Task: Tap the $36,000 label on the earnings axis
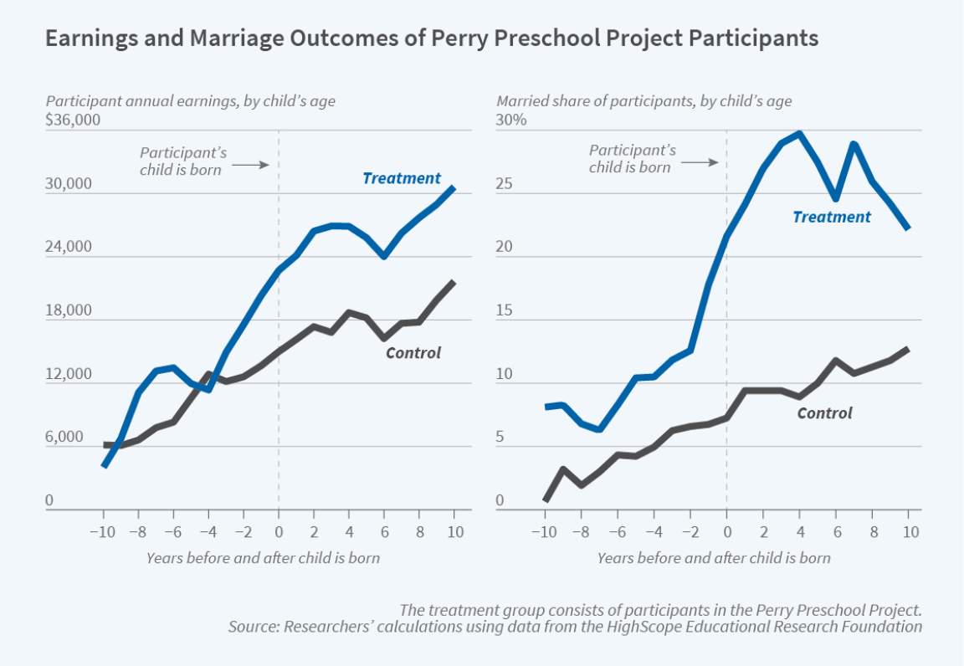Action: click(x=73, y=120)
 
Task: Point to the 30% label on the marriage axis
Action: click(x=512, y=120)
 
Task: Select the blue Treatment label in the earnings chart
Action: click(x=401, y=178)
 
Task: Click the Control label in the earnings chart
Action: click(x=413, y=352)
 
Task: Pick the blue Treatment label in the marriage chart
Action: click(x=831, y=217)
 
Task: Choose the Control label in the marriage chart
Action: click(x=824, y=412)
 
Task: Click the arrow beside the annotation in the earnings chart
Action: click(x=249, y=165)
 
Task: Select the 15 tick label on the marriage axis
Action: click(x=505, y=310)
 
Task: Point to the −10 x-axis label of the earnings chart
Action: click(x=103, y=533)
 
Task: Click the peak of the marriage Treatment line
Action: click(x=799, y=133)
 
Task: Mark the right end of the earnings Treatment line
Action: click(x=454, y=187)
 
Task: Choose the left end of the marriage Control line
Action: click(x=546, y=499)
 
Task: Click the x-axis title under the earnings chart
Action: click(x=263, y=557)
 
